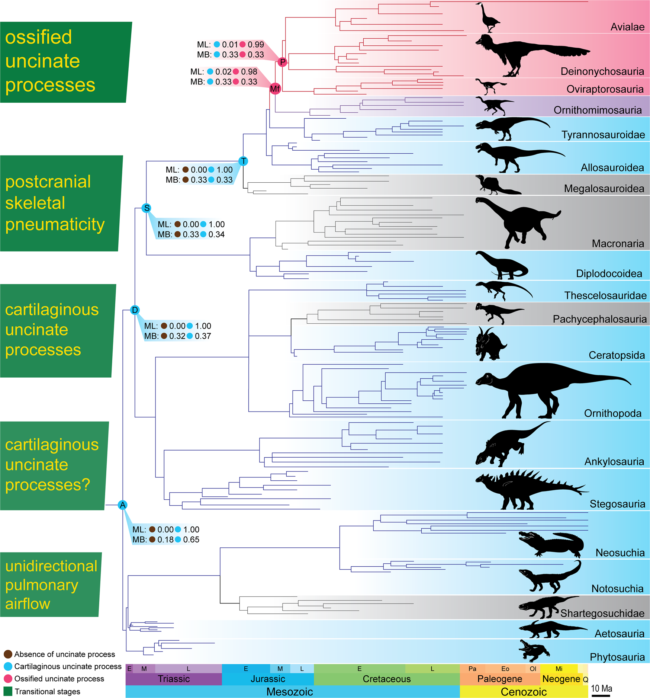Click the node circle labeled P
click(283, 62)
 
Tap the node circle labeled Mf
click(275, 89)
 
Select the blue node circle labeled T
click(244, 161)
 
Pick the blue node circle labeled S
click(147, 208)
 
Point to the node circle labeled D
click(135, 310)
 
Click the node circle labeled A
click(123, 505)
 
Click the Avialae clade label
click(627, 27)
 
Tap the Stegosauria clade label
click(617, 504)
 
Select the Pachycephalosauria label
click(599, 319)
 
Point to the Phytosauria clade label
click(617, 657)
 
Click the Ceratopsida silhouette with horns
click(490, 344)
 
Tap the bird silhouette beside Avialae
click(488, 18)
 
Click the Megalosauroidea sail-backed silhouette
click(496, 185)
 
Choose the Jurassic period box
click(268, 679)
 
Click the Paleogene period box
click(499, 679)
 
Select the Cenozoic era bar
click(524, 692)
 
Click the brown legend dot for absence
click(8, 654)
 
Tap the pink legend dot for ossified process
click(8, 679)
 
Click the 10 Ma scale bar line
click(600, 695)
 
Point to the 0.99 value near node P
click(256, 45)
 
